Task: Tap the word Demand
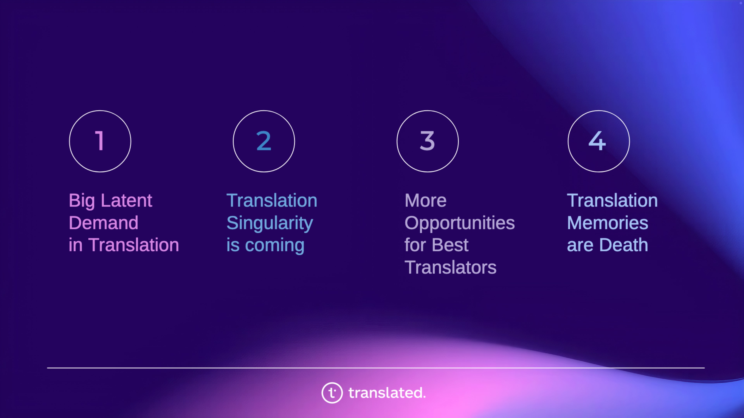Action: click(x=103, y=223)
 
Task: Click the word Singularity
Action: click(x=270, y=223)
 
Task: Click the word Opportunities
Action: click(x=460, y=223)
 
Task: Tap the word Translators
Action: click(x=450, y=267)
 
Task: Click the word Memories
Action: click(x=608, y=223)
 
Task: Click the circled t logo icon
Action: click(x=332, y=393)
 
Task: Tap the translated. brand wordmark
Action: click(x=387, y=393)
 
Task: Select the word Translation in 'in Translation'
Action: click(x=133, y=245)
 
